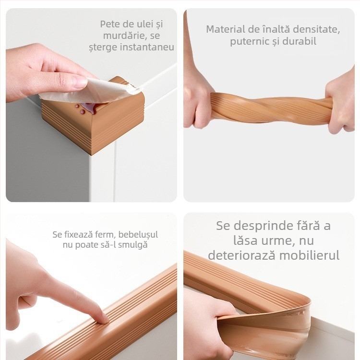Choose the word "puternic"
[247, 42]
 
